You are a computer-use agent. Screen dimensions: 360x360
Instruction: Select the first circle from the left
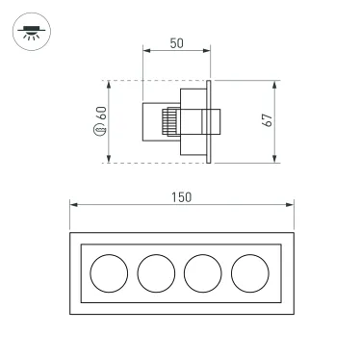coord(108,274)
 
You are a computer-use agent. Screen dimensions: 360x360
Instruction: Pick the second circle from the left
coord(155,274)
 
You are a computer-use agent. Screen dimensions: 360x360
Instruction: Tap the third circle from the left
coord(202,274)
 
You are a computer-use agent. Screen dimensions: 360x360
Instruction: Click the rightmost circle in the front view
coord(249,274)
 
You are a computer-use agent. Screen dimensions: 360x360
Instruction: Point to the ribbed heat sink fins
coord(167,122)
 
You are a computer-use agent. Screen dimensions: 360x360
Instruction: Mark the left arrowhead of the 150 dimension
coord(71,204)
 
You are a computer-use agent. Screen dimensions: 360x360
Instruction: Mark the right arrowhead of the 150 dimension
coord(292,204)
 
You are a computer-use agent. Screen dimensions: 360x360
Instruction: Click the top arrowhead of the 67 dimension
coord(277,84)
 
